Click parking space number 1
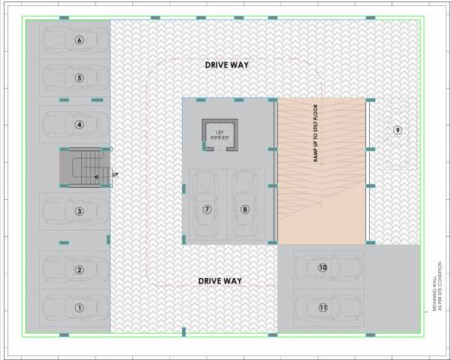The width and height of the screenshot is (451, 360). click(77, 307)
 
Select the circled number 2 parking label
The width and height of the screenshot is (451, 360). click(78, 270)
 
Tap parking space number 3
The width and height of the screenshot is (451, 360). click(78, 211)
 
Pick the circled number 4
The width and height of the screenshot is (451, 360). click(78, 124)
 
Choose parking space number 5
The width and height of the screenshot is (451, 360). click(78, 77)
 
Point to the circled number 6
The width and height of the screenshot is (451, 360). click(78, 39)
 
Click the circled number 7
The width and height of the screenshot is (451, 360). click(207, 210)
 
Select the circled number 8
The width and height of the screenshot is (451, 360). click(244, 210)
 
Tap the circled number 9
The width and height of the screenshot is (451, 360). click(398, 130)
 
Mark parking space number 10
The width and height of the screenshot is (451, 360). click(322, 268)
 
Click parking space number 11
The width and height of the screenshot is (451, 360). click(322, 307)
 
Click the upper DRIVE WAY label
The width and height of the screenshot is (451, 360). click(226, 65)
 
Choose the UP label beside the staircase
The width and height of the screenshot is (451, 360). click(115, 175)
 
